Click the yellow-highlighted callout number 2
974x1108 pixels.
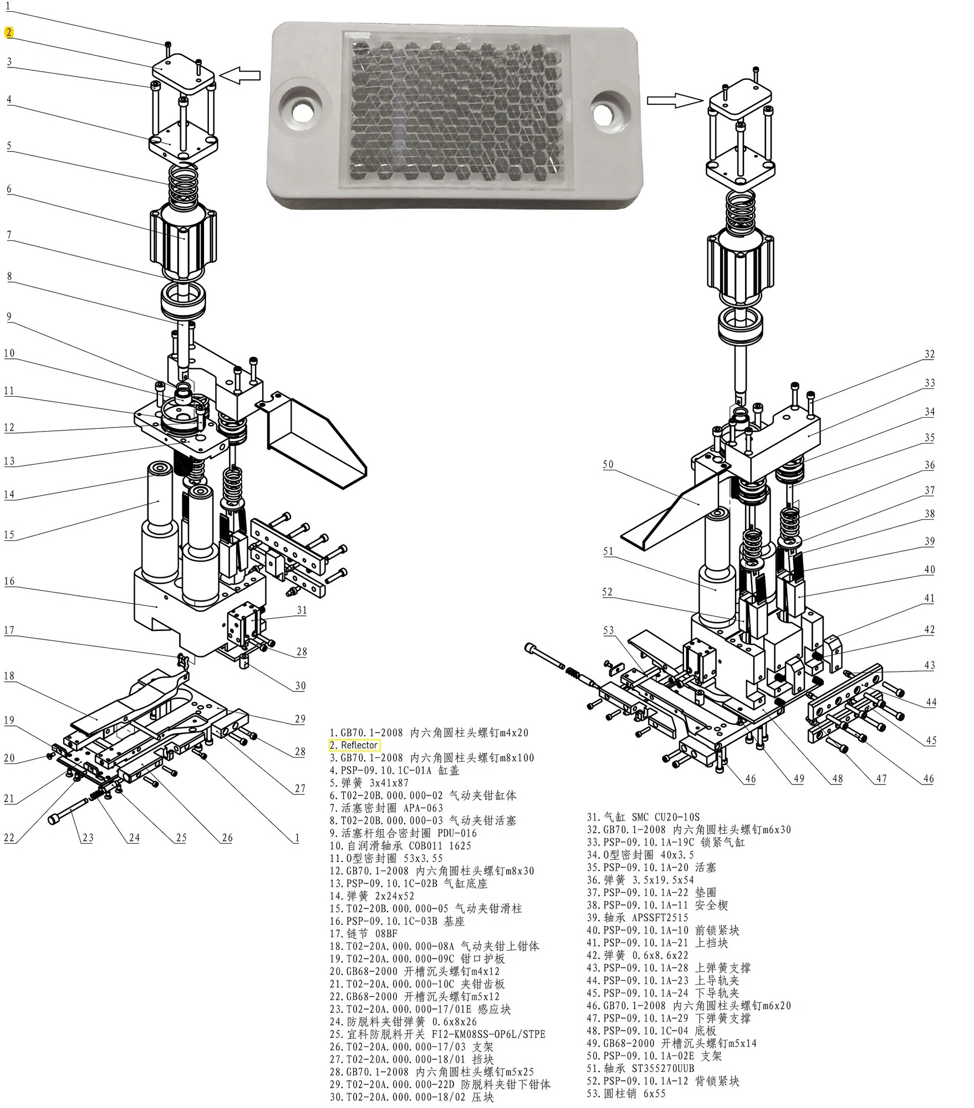[x=9, y=33]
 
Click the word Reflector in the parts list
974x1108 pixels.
[x=359, y=745]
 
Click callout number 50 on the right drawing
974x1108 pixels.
[x=608, y=464]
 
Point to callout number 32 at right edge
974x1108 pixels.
[x=930, y=354]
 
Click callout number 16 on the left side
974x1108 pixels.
[x=9, y=581]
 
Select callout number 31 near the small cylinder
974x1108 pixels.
[x=302, y=610]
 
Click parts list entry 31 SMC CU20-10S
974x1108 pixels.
[x=643, y=817]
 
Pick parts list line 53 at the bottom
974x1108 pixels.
[x=626, y=1094]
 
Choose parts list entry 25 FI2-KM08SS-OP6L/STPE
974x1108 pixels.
[x=437, y=1034]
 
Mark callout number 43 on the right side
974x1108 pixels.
[x=930, y=665]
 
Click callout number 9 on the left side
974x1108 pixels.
[x=9, y=317]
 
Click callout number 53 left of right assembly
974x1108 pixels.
[x=608, y=630]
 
